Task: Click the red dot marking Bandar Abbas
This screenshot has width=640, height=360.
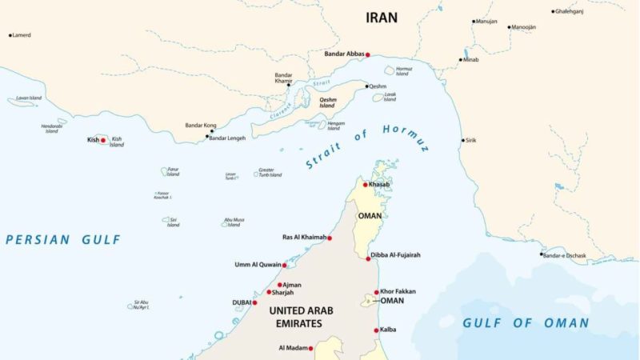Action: point(368,54)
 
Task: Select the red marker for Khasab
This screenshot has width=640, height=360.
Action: point(366,185)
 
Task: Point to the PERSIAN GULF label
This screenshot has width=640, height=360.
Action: point(62,239)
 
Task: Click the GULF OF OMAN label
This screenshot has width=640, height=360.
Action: point(526,323)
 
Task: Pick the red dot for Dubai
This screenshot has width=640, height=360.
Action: point(255,302)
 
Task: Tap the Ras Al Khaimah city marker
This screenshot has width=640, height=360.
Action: point(330,238)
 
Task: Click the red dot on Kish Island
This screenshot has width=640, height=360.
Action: point(103,140)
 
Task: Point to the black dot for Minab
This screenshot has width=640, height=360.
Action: point(463,59)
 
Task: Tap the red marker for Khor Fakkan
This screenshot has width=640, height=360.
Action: point(376,292)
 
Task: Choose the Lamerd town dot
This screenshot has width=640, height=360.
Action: point(10,35)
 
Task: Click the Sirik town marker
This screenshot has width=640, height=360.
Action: point(462,140)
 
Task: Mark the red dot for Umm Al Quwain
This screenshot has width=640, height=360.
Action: point(284,265)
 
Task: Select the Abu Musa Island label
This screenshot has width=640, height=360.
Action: point(233,222)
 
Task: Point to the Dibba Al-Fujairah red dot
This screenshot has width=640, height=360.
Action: point(368,258)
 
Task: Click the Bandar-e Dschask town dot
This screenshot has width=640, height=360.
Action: point(542,254)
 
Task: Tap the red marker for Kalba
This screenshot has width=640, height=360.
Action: point(376,330)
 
